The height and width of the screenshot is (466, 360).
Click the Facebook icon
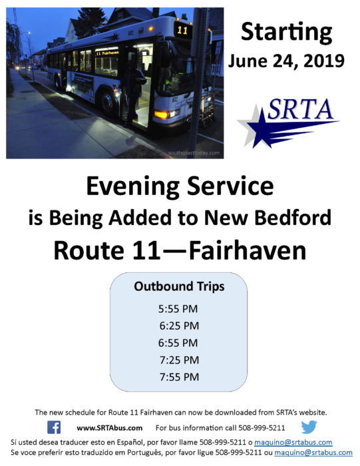pyautogui.click(x=54, y=427)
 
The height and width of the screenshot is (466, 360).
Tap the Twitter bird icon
pyautogui.click(x=309, y=427)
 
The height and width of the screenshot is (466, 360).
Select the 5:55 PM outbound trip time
pyautogui.click(x=178, y=309)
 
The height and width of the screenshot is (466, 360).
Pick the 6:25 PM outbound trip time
pyautogui.click(x=179, y=326)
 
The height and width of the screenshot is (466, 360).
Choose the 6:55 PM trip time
pyautogui.click(x=178, y=343)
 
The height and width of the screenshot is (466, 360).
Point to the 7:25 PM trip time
pyautogui.click(x=179, y=360)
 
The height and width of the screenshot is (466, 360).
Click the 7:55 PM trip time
pyautogui.click(x=179, y=377)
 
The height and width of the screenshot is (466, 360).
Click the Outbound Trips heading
pyautogui.click(x=179, y=286)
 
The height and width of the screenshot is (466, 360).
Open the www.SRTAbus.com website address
pyautogui.click(x=110, y=428)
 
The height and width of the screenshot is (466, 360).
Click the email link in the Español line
pyautogui.click(x=293, y=442)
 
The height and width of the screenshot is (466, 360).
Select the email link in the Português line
pyautogui.click(x=313, y=453)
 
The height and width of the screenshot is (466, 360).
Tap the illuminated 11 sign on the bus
pyautogui.click(x=182, y=30)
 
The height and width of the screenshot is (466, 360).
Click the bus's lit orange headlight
pyautogui.click(x=161, y=115)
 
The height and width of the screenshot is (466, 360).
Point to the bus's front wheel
pyautogui.click(x=108, y=103)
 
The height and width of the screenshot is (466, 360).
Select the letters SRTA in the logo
pyautogui.click(x=300, y=109)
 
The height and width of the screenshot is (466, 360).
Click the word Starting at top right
pyautogui.click(x=286, y=32)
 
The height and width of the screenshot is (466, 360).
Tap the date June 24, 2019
pyautogui.click(x=286, y=61)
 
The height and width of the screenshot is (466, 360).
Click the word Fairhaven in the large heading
pyautogui.click(x=248, y=250)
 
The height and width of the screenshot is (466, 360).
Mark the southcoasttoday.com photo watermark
pyautogui.click(x=194, y=152)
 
